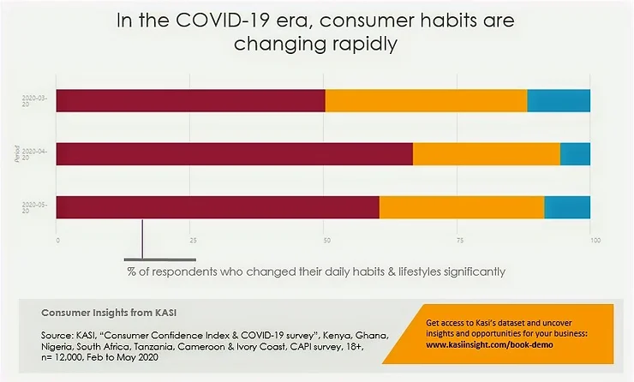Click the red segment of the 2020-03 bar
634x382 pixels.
(x=190, y=100)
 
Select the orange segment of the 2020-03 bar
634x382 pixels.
(x=426, y=100)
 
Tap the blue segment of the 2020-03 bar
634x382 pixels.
(x=559, y=100)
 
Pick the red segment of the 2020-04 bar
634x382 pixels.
(x=234, y=154)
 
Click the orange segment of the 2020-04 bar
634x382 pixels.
(x=486, y=154)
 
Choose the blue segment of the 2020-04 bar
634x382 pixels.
(x=575, y=154)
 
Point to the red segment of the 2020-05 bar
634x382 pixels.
(x=218, y=208)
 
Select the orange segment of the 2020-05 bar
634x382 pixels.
(x=461, y=208)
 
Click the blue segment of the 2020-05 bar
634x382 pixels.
(x=567, y=208)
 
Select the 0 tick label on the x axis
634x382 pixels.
(x=57, y=241)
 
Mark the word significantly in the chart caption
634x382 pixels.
(x=464, y=272)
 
